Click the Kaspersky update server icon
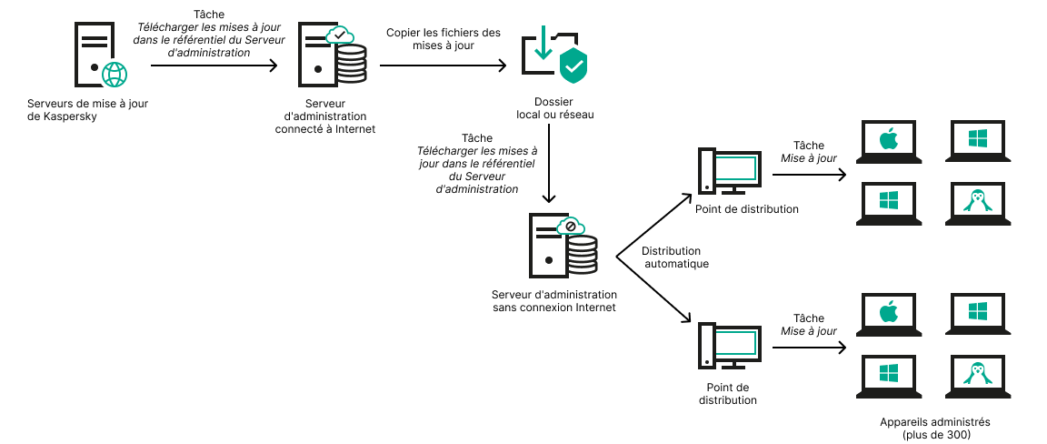pyautogui.click(x=95, y=55)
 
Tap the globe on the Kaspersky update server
pyautogui.click(x=115, y=74)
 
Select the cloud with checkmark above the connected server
pyautogui.click(x=339, y=36)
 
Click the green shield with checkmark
pyautogui.click(x=573, y=66)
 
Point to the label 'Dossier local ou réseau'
pyautogui.click(x=553, y=108)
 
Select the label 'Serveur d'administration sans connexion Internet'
pyautogui.click(x=553, y=301)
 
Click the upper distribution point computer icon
pyautogui.click(x=727, y=171)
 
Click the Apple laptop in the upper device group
pyautogui.click(x=888, y=142)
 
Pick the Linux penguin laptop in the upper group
pyautogui.click(x=977, y=201)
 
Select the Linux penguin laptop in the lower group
pyautogui.click(x=977, y=374)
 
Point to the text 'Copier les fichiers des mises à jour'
pyautogui.click(x=444, y=39)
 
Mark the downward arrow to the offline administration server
pyautogui.click(x=548, y=182)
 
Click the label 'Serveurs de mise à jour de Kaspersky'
pyautogui.click(x=87, y=110)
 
